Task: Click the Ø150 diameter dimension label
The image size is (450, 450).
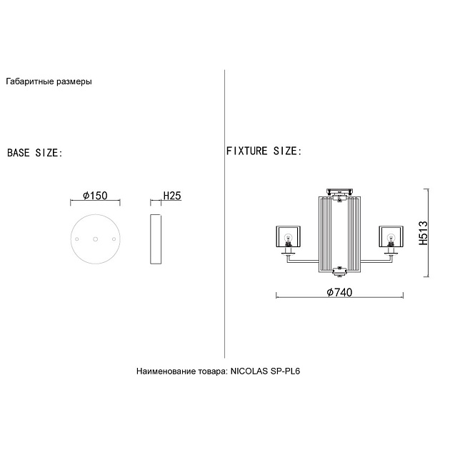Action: (95, 196)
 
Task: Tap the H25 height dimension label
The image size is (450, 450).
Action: (172, 196)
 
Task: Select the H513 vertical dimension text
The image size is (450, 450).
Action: (423, 233)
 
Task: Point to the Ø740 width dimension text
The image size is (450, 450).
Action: (339, 292)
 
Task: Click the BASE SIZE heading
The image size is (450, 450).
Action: (34, 153)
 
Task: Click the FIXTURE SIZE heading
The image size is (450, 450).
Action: (264, 151)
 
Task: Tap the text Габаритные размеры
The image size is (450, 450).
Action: (49, 81)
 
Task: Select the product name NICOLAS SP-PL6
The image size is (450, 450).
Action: (266, 371)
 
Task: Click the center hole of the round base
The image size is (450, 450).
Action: (95, 239)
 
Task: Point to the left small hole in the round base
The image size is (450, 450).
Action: (76, 239)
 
